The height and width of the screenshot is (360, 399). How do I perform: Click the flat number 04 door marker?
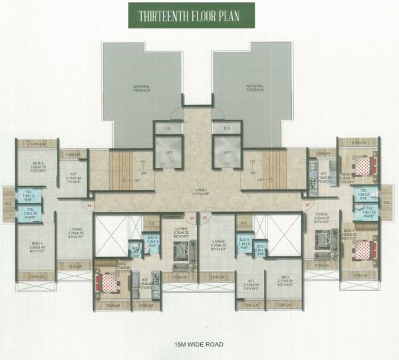coord(90,206)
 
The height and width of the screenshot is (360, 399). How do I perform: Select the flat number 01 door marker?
coord(307,205)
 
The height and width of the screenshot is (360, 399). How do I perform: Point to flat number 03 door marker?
coord(192,217)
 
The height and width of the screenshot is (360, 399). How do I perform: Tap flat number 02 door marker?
coord(205,217)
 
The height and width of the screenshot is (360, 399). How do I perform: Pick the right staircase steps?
coord(274,169)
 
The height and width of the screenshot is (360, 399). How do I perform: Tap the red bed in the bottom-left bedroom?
coord(108,282)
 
